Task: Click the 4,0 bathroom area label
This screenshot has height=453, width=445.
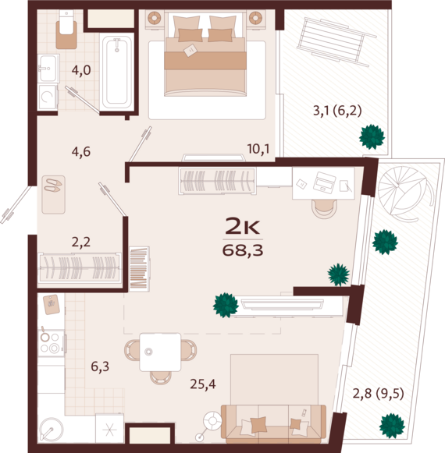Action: [81, 70]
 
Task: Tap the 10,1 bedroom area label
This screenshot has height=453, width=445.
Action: [258, 149]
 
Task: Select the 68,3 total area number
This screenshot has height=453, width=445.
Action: [243, 250]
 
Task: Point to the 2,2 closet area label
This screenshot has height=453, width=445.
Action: [81, 242]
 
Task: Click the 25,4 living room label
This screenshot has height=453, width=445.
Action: [203, 384]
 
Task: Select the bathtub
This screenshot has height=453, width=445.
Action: [117, 72]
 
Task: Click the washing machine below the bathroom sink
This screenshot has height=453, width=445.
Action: [48, 97]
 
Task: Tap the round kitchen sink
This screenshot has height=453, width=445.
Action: [51, 430]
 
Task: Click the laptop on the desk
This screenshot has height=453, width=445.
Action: [324, 182]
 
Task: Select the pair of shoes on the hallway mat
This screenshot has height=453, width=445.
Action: [52, 186]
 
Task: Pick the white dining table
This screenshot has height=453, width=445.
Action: [160, 352]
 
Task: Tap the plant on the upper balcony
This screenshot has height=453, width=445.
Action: [372, 137]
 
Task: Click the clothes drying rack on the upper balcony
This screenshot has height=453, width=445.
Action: [336, 41]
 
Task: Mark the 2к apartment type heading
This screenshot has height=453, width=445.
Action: [243, 226]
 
